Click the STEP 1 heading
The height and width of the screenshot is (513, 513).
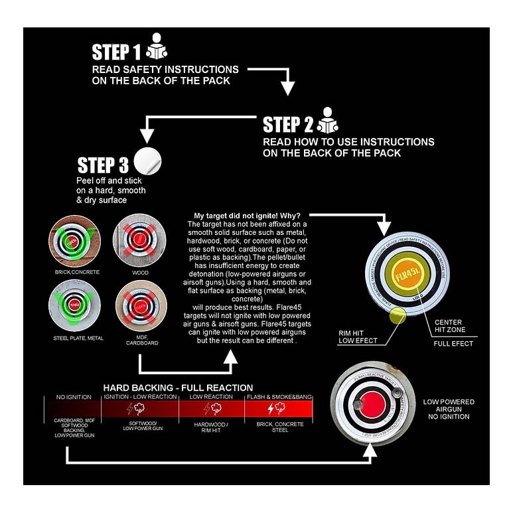117,52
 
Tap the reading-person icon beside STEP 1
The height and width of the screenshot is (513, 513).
157,46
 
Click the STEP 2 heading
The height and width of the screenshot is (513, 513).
288,125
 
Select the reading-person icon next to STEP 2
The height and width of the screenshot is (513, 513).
327,119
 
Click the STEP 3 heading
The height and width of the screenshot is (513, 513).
104,165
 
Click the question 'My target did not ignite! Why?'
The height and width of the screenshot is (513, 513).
247,216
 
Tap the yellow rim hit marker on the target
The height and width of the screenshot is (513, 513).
398,315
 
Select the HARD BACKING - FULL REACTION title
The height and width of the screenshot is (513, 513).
178,388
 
